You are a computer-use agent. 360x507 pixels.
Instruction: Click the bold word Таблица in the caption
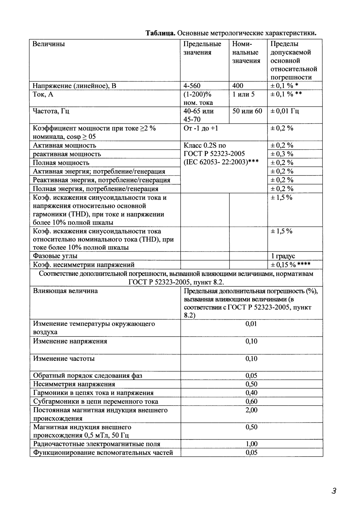coord(160,33)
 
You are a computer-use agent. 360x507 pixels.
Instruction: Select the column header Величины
coord(49,44)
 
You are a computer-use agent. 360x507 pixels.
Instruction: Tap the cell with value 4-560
coord(192,86)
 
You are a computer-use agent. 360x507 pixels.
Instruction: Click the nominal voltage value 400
coord(238,86)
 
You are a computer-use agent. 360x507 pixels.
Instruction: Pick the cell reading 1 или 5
coord(244,94)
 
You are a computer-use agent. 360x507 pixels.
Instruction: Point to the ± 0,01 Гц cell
coord(285,111)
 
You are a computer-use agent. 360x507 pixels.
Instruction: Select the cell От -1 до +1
coord(201,128)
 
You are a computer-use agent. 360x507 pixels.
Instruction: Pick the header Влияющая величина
coord(65,291)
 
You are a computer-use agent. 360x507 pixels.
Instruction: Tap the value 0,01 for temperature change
coord(251,324)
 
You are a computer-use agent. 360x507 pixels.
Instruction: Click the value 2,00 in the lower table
coord(251,410)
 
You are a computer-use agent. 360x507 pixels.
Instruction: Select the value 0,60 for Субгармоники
coord(251,401)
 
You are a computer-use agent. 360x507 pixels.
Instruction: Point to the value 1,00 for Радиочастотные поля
coord(251,444)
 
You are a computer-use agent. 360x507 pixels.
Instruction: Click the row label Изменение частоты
coord(64,359)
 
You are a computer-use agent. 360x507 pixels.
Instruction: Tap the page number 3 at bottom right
coord(334,491)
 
